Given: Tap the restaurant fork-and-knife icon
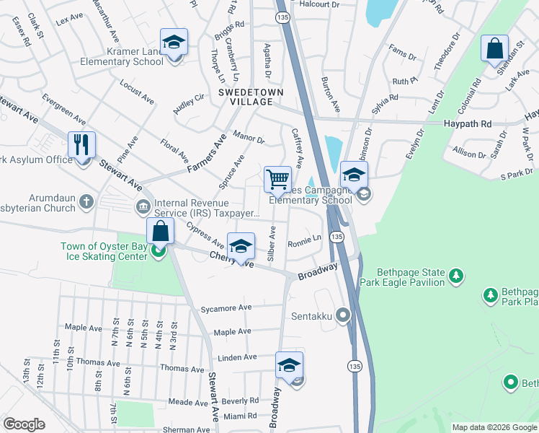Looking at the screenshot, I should pos(82,145).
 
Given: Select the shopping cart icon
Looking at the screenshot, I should pos(277,179).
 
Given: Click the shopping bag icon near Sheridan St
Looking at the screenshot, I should pos(494,50).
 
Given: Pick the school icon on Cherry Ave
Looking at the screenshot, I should pos(241,246).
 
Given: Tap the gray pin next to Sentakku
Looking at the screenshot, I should pos(343,315).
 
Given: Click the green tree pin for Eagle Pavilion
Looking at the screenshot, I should pos(455,275).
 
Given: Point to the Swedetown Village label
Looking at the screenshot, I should pos(251,97).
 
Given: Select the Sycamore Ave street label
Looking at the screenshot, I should pos(226,307).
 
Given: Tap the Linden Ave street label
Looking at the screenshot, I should pos(238,357).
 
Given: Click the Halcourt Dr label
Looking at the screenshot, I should pos(318,4).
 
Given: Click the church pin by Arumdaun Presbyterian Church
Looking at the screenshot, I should pos(86,201).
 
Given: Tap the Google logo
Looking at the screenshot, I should pos(24,424).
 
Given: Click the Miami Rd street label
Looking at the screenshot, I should pos(241,416).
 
